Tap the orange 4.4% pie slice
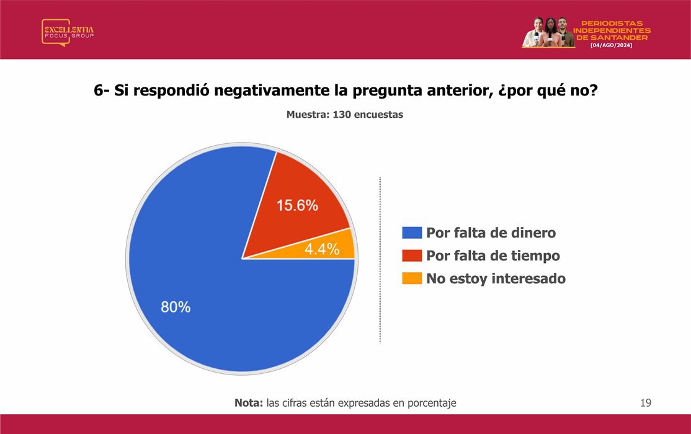[x=326, y=249]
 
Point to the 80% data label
[x=176, y=307]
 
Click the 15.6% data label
[x=297, y=205]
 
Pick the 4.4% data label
[x=322, y=249]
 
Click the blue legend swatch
[x=412, y=232]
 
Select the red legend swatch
[x=412, y=255]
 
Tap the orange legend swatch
[x=412, y=278]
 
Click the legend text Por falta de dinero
[x=491, y=232]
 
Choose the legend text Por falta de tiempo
[x=493, y=255]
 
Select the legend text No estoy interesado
[x=496, y=278]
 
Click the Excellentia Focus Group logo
[x=68, y=32]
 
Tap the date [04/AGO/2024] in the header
[x=611, y=45]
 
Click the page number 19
[x=646, y=403]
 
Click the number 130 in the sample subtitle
[x=342, y=115]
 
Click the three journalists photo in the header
[x=548, y=32]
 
